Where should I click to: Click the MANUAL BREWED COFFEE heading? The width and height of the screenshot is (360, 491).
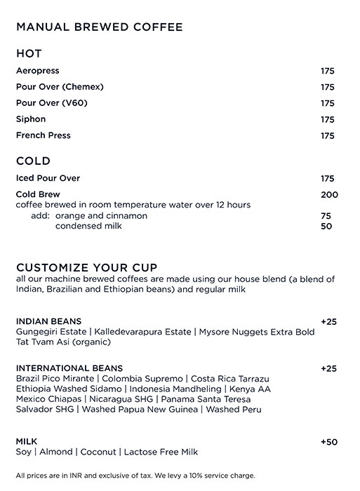point(99,27)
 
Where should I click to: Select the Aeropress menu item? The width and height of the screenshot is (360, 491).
point(37,71)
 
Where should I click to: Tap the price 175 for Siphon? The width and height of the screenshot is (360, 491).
point(327,120)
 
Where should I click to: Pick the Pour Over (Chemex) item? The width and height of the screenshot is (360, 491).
point(60,87)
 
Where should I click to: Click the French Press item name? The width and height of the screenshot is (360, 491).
point(43,135)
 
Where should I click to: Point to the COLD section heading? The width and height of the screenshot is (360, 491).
point(33,161)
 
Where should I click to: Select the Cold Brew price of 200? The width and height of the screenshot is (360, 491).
point(328,194)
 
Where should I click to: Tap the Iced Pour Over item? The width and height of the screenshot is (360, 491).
point(48,178)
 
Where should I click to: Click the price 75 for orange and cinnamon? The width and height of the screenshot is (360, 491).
point(326,216)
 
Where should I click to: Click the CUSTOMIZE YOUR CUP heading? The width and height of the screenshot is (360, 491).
point(86,267)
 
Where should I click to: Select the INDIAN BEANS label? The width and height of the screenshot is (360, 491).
point(48,321)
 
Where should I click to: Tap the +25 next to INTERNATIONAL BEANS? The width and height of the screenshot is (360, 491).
point(328,368)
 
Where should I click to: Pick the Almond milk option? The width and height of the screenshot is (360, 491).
point(58,452)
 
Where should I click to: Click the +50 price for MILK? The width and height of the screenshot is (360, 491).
point(328,441)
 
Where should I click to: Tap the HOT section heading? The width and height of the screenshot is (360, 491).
point(29,54)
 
